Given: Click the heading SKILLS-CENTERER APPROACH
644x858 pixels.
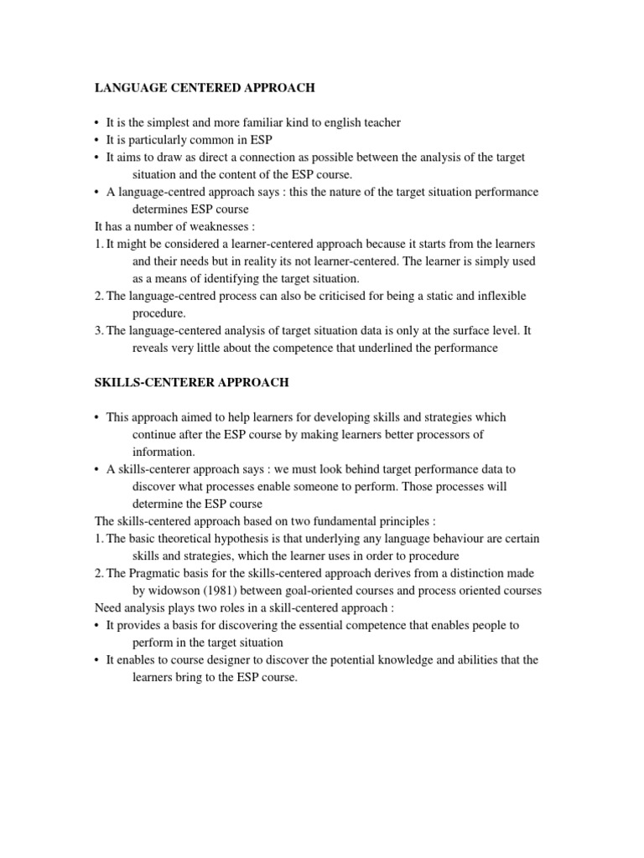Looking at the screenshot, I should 191,382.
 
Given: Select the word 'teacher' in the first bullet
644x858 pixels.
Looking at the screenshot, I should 381,122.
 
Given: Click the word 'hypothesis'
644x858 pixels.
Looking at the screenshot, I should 245,538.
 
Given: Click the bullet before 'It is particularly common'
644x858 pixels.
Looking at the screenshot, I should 97,140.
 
